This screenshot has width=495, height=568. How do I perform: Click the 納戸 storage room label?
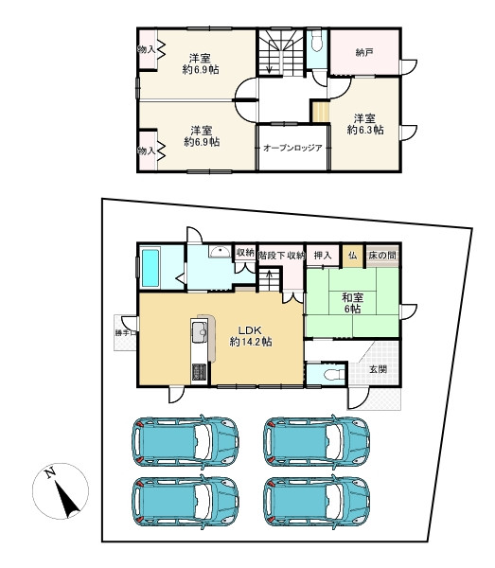pos(364,53)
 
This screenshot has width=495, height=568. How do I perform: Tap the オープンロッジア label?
pos(292,148)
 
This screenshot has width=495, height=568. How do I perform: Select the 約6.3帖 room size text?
pos(365,130)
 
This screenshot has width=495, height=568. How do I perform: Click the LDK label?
pos(250,330)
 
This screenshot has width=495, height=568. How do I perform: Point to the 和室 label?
pos(353,298)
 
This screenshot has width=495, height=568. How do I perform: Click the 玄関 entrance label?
pos(378,369)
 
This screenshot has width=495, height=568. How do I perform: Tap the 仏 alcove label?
pos(352,256)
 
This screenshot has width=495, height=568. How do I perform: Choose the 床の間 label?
pos(382,256)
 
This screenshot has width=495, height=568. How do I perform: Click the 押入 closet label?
pos(323,256)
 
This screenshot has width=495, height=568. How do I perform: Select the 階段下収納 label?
pos(282,256)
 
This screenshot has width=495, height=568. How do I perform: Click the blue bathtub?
pos(150,268)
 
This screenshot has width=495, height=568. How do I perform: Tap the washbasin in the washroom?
pos(220,252)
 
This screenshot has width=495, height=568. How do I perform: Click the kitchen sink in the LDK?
pos(199,332)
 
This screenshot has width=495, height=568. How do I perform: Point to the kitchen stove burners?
pos(199,372)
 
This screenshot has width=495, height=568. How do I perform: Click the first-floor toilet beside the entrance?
pos(334,375)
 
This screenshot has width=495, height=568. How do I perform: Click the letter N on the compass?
pos(49,472)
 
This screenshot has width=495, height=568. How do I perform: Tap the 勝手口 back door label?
pos(126,332)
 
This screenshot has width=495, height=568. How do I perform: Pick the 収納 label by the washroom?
pos(245,253)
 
